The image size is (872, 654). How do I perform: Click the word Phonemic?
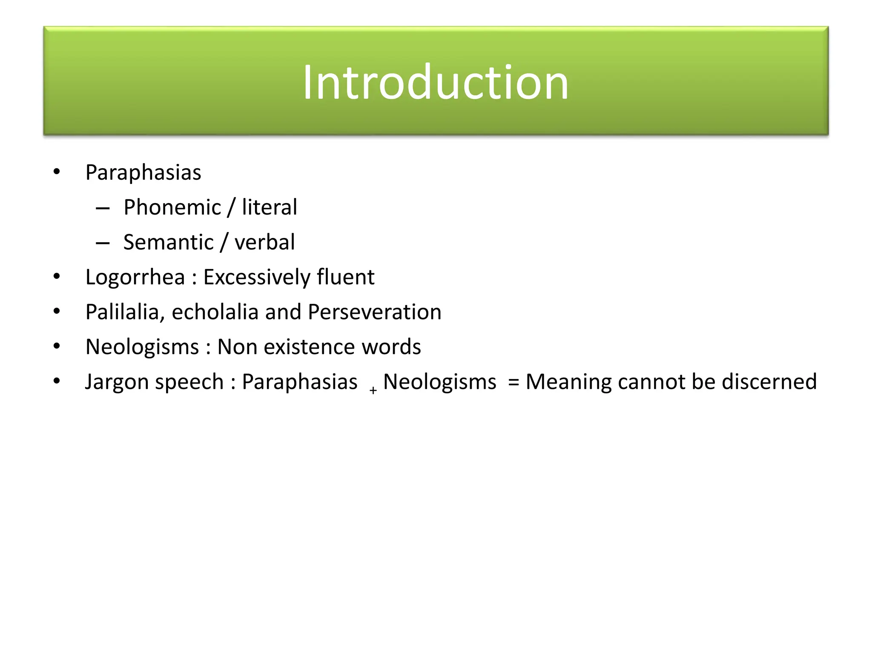[172, 208]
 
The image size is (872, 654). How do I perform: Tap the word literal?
[269, 208]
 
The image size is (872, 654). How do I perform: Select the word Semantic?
[168, 243]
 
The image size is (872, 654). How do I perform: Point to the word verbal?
[264, 243]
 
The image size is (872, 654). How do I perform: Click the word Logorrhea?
[135, 278]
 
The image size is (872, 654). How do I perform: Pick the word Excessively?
[256, 278]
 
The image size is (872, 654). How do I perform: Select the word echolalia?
[215, 313]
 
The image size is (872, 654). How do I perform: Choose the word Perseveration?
[374, 313]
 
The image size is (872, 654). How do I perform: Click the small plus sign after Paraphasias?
[373, 390]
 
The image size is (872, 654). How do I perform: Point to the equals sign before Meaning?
[513, 382]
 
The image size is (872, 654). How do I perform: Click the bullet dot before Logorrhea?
[57, 277]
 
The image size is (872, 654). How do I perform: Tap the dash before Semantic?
[103, 243]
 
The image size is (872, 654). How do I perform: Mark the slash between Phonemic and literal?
[231, 208]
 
